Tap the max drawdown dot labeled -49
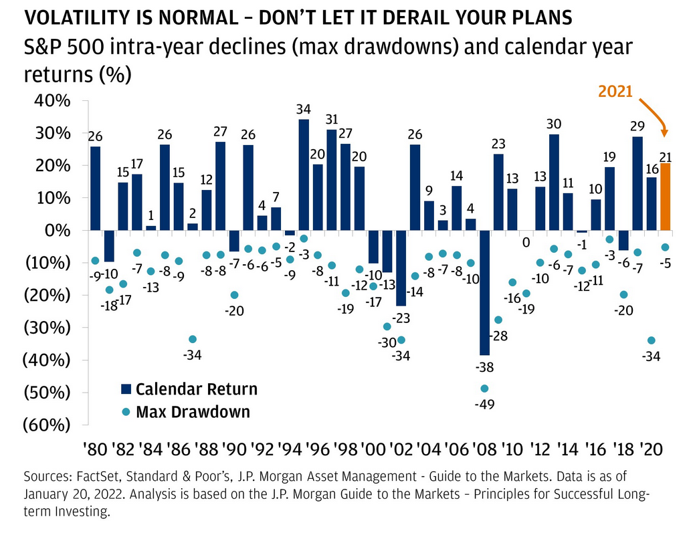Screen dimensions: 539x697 tap(484, 389)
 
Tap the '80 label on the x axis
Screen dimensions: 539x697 tap(95, 448)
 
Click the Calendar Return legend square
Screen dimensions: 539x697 tap(126, 389)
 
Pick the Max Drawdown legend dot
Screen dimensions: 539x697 tap(126, 411)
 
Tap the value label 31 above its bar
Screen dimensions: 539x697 tap(332, 120)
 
